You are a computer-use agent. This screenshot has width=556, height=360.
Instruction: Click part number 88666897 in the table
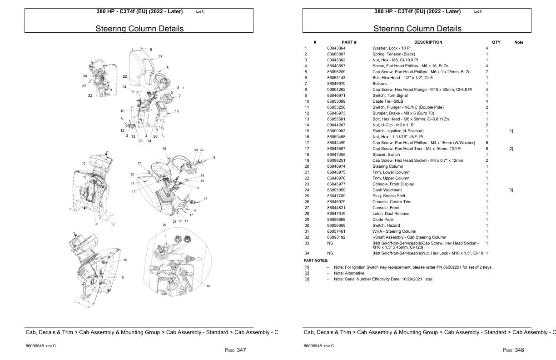pyautogui.click(x=336, y=54)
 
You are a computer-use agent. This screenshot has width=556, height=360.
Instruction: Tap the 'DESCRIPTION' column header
pyautogui.click(x=428, y=42)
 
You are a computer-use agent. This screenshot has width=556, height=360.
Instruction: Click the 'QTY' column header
pyautogui.click(x=496, y=42)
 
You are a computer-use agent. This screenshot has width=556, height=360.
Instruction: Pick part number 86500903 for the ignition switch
pyautogui.click(x=336, y=131)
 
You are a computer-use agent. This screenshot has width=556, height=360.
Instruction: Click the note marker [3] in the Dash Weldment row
pyautogui.click(x=511, y=190)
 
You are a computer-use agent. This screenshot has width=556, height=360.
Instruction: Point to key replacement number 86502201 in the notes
pyautogui.click(x=457, y=267)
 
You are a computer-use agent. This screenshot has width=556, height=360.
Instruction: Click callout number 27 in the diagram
pyautogui.click(x=160, y=57)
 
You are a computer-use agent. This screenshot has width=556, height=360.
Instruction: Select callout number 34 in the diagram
pyautogui.click(x=85, y=76)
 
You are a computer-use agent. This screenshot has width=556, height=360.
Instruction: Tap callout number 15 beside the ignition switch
pyautogui.click(x=205, y=199)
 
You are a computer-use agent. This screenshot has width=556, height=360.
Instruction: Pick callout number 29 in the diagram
pyautogui.click(x=164, y=225)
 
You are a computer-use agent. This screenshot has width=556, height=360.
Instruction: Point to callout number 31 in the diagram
pyautogui.click(x=96, y=224)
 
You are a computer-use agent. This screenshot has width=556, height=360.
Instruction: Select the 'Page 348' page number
pyautogui.click(x=513, y=350)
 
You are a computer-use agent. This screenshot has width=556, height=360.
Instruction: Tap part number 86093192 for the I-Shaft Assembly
pyautogui.click(x=336, y=237)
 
